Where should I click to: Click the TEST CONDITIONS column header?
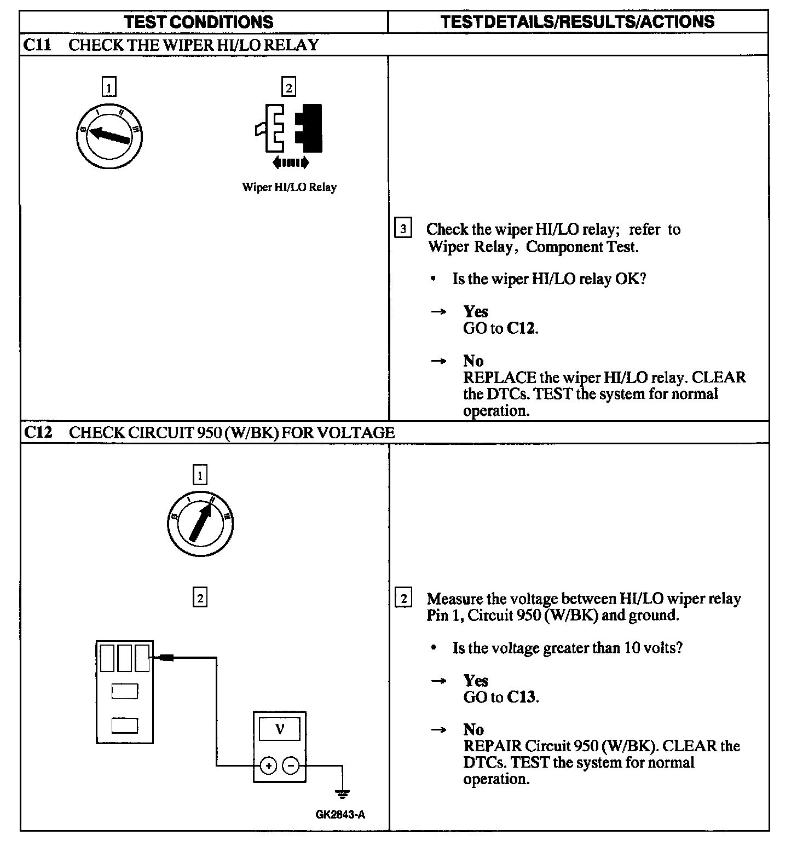[198, 22]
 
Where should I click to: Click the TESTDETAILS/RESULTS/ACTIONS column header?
[577, 22]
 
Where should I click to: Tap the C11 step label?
[38, 45]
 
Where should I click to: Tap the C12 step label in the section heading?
[38, 433]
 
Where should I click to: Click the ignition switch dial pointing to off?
[109, 135]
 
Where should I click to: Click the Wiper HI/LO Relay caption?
[289, 187]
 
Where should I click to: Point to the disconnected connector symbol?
[288, 129]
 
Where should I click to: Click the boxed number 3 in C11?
[403, 228]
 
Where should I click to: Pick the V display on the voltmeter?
[280, 729]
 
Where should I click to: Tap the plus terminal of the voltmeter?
[268, 766]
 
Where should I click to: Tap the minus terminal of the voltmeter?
[291, 766]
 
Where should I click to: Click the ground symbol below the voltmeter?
[343, 792]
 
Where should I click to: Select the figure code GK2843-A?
[340, 815]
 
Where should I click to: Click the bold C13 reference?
[522, 697]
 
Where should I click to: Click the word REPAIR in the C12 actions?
[492, 746]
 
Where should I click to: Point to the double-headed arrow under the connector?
[290, 162]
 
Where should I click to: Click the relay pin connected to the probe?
[142, 658]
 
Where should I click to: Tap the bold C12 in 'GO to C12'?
[521, 328]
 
